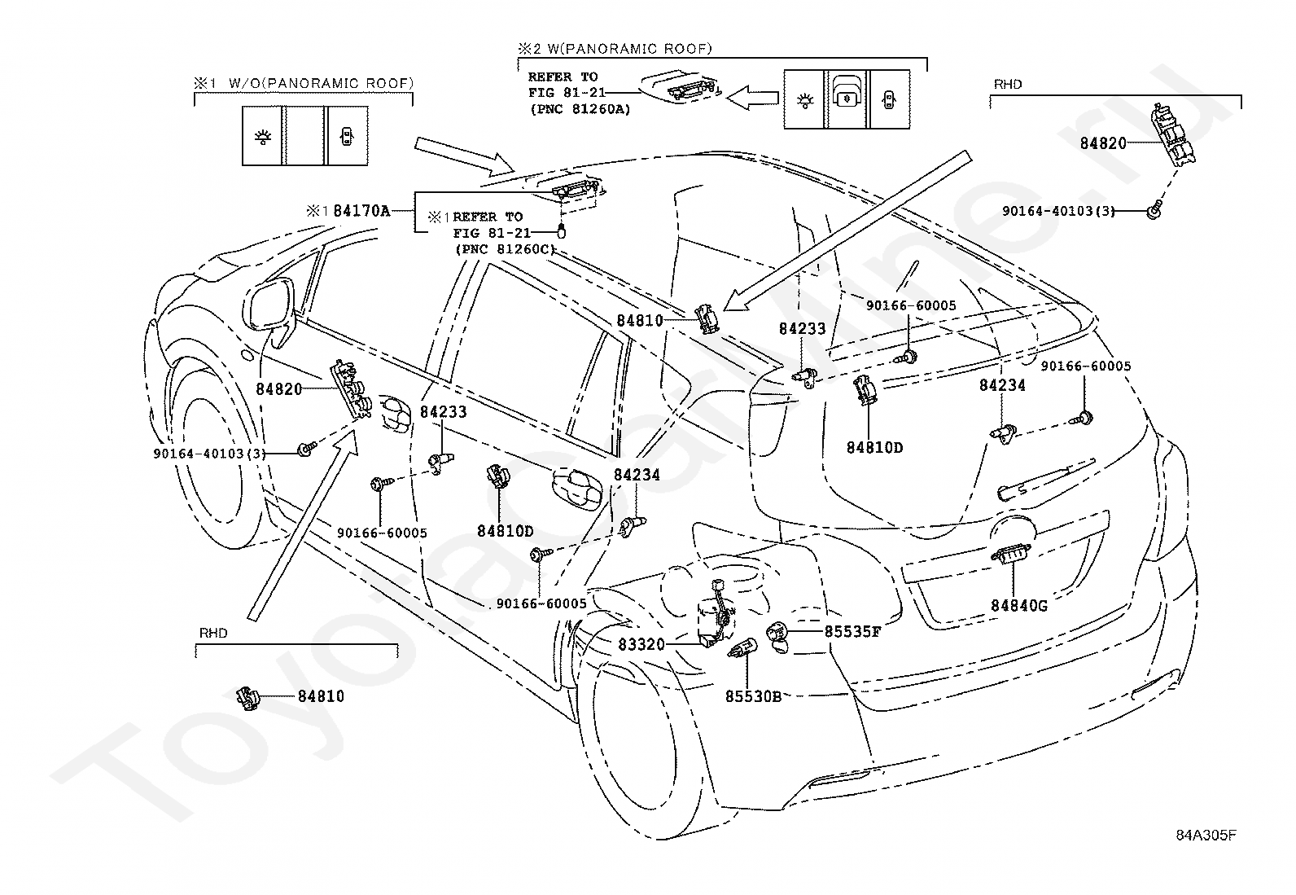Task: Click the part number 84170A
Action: point(361,211)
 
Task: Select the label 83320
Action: point(641,644)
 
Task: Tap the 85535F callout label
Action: point(852,632)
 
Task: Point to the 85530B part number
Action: point(753,696)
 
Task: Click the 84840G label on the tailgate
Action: point(1019,606)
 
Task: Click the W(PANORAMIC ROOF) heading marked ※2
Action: point(629,49)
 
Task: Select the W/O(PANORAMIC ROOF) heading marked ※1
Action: point(321,83)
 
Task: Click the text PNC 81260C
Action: point(505,249)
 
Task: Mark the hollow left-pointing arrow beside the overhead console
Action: point(752,97)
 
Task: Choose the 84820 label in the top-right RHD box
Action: point(1103,143)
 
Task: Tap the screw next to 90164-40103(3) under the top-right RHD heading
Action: point(1154,210)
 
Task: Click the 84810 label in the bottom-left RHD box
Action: point(321,695)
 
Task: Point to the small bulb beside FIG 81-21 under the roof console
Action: point(560,231)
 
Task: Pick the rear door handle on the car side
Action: point(577,488)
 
